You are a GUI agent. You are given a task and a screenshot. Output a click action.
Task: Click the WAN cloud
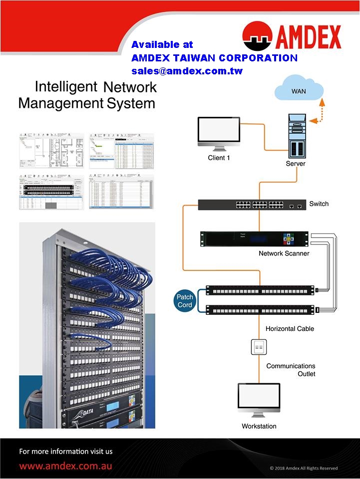click(299, 90)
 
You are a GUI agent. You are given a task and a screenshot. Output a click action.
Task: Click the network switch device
click(252, 204)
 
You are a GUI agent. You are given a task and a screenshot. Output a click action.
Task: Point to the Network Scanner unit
click(254, 239)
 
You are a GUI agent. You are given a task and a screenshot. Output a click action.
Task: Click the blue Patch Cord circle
click(185, 301)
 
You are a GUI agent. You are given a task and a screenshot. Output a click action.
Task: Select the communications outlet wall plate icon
click(259, 347)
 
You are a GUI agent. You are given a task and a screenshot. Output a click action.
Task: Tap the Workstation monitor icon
click(259, 399)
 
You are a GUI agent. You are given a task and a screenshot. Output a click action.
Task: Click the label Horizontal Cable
click(290, 329)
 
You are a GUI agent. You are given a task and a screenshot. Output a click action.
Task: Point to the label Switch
click(319, 204)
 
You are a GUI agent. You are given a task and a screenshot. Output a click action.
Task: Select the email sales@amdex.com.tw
click(187, 71)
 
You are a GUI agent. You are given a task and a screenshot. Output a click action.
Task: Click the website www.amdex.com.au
click(65, 466)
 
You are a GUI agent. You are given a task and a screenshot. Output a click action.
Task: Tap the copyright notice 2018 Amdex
click(304, 468)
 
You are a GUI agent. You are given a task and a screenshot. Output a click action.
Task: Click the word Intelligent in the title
click(65, 87)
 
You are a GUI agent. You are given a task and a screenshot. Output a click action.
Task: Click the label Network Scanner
click(284, 253)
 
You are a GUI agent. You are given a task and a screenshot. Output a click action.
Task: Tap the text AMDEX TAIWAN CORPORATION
click(214, 58)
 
